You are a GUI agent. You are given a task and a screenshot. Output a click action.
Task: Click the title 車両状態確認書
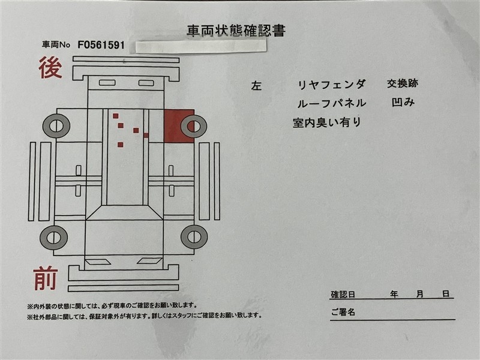[236, 31]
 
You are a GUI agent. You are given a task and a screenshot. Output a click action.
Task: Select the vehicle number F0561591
[101, 46]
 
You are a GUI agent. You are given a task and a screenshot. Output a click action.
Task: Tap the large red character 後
[50, 67]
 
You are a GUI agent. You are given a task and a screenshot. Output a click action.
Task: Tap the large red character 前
[46, 278]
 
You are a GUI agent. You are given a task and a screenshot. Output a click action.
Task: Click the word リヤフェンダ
[332, 84]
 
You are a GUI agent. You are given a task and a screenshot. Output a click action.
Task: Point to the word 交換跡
[403, 83]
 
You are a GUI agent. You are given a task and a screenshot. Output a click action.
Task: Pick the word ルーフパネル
[332, 103]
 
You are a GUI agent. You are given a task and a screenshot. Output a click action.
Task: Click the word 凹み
[403, 102]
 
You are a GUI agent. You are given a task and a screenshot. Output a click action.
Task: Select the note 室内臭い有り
[327, 122]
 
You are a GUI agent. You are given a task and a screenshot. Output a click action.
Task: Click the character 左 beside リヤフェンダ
[256, 86]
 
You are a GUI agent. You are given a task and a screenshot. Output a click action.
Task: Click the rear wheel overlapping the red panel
[194, 126]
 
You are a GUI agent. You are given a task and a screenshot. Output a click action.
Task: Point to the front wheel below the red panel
[194, 236]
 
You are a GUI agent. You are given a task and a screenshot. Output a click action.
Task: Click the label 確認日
[343, 295]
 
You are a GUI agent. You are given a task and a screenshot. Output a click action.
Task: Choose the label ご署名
[343, 312]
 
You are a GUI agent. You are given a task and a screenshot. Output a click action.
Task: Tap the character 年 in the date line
[394, 294]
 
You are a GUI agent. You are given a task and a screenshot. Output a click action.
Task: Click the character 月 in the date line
[419, 294]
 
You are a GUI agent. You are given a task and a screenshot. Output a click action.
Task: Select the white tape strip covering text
[201, 46]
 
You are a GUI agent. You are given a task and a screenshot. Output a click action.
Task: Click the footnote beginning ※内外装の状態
[112, 305]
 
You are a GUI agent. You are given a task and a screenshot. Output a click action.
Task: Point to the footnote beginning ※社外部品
[145, 316]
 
